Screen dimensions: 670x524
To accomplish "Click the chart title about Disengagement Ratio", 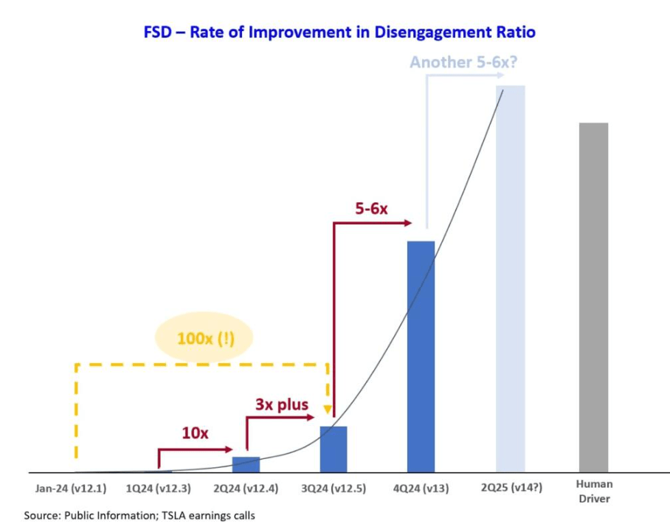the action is tap(339, 32).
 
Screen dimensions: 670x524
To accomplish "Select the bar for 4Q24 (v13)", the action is tap(421, 357).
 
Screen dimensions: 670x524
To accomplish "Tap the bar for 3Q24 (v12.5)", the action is tap(334, 449).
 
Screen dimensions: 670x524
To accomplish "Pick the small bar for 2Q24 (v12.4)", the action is tap(246, 465).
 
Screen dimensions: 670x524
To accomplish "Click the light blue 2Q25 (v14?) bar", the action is tap(510, 279).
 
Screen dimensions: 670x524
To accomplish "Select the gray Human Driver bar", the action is tap(593, 298).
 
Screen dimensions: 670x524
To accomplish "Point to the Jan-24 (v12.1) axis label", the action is tap(71, 488).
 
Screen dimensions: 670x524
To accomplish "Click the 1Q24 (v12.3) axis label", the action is tap(158, 488).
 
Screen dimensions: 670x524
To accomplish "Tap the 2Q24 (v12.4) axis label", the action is tap(246, 488).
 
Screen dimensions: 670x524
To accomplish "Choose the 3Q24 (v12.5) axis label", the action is tap(334, 488).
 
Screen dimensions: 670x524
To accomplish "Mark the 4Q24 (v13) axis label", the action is tap(421, 488).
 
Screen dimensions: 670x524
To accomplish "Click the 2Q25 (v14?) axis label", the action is tap(511, 488).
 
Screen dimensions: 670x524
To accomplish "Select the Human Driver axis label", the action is tap(594, 491).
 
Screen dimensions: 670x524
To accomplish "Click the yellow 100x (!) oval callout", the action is tap(204, 338).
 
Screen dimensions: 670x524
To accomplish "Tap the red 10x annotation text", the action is tap(196, 433).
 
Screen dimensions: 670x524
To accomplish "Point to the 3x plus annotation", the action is tap(282, 404).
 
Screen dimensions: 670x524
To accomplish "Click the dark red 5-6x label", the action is tap(371, 209).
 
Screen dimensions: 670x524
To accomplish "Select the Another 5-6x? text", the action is tap(463, 63).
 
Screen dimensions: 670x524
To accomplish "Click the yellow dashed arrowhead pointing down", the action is tap(328, 410).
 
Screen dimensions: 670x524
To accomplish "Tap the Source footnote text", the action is tap(139, 515).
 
